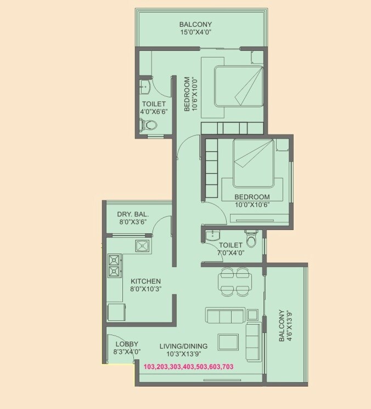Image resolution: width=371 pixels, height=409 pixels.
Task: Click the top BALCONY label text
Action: [x=195, y=24]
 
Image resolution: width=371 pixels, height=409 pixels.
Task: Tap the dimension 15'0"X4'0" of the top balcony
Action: [x=195, y=33]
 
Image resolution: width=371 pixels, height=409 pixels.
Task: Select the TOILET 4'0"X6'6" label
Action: [x=154, y=107]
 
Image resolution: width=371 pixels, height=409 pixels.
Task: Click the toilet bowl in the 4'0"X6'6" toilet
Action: [x=149, y=125]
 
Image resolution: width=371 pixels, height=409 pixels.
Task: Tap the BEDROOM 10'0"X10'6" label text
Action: [x=252, y=197]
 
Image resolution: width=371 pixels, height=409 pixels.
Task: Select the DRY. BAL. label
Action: [x=133, y=214]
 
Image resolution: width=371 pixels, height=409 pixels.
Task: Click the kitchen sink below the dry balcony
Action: [x=144, y=246]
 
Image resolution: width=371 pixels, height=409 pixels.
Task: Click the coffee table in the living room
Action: [x=228, y=341]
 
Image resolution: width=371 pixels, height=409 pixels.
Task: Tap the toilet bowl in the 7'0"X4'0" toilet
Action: [x=251, y=241]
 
